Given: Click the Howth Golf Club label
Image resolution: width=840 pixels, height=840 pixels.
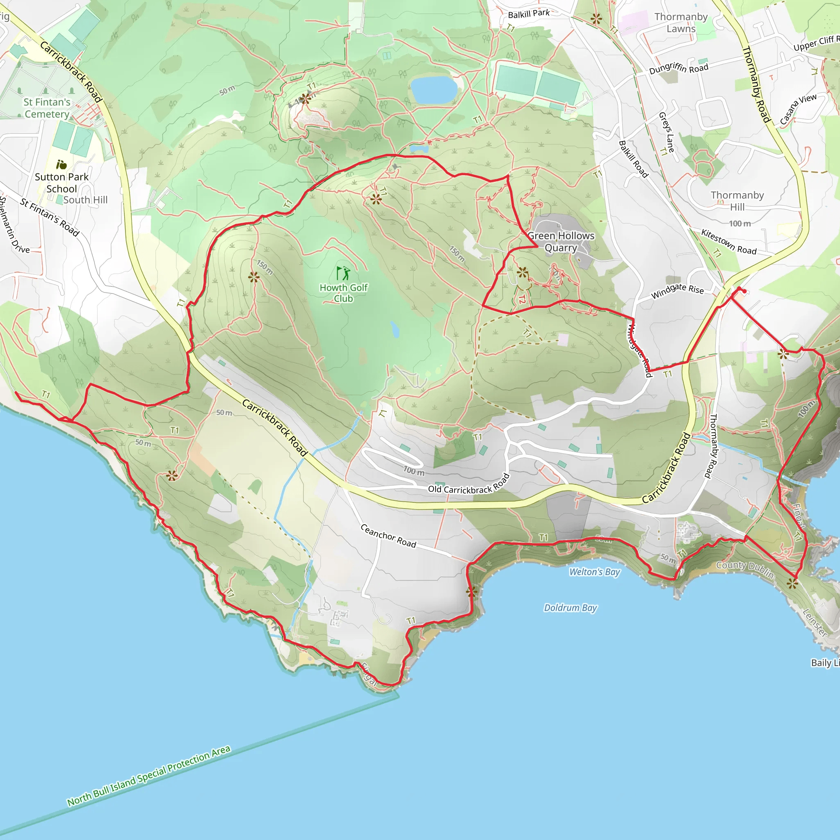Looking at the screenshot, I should (343, 293).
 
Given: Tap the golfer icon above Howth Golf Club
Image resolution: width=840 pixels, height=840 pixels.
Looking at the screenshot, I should (343, 274).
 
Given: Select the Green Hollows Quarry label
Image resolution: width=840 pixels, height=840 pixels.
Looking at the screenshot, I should (561, 242).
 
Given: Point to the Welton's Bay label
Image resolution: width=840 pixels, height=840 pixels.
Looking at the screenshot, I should (594, 572).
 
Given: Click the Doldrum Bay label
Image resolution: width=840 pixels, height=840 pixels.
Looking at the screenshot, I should (571, 607).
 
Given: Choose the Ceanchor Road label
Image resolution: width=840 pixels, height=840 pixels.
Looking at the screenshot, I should (388, 536).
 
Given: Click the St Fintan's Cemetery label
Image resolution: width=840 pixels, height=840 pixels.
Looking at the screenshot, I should (47, 108).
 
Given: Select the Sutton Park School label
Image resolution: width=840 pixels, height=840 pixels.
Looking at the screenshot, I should (62, 183).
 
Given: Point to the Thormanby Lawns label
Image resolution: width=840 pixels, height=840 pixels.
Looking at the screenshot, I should (681, 23).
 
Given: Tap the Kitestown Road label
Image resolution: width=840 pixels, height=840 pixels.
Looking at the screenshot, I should (729, 242).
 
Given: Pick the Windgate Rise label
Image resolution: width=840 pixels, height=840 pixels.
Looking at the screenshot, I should (678, 291).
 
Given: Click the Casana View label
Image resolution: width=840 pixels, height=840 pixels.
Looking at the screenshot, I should (798, 109).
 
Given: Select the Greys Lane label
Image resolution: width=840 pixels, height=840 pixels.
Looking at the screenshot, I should (667, 132).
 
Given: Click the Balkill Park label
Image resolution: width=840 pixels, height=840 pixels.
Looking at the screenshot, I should (529, 14).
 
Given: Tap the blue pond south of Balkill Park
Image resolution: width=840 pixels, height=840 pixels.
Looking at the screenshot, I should (434, 89).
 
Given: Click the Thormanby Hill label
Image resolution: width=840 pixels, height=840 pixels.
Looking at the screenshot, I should (737, 201).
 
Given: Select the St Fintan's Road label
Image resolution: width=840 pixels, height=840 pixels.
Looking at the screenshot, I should (50, 217).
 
